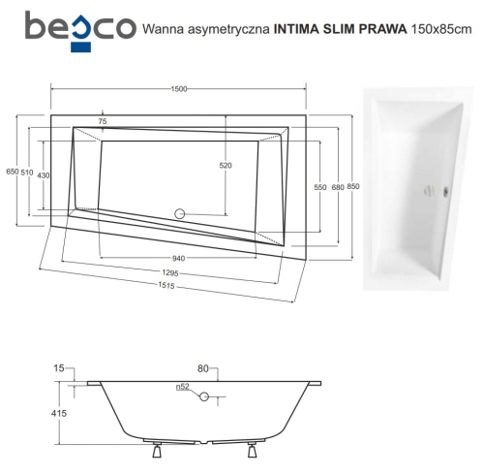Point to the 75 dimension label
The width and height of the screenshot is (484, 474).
click(x=103, y=121)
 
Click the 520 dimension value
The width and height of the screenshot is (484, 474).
click(x=227, y=166)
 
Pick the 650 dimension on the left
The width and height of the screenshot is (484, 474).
click(x=13, y=172)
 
